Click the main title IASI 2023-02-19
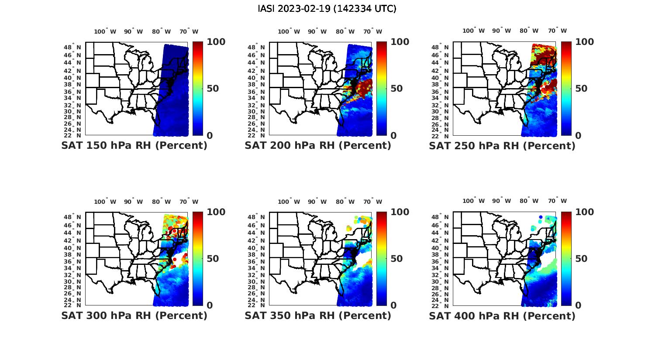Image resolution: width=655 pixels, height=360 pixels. (x=327, y=9)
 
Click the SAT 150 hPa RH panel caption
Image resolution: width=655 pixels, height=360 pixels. (x=134, y=146)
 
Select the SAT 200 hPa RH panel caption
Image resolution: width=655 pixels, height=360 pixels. (x=318, y=146)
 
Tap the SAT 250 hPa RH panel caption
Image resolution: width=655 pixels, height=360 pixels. (x=502, y=146)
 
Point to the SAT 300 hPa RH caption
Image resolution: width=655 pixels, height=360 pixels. (x=134, y=315)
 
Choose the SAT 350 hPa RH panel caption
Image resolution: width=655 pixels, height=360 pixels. (x=318, y=315)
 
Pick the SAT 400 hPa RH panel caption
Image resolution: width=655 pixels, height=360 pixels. (x=502, y=315)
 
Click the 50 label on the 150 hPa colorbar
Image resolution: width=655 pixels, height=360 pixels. (x=213, y=89)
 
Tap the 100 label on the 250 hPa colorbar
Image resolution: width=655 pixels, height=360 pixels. (x=585, y=42)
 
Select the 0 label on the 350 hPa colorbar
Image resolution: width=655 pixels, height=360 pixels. (x=393, y=305)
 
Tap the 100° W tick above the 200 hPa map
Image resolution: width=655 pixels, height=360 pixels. (x=289, y=31)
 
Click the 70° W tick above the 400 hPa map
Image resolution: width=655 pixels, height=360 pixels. (x=558, y=201)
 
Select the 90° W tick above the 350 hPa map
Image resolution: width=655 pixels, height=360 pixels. (x=317, y=202)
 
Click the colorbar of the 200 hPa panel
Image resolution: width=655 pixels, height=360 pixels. (x=382, y=89)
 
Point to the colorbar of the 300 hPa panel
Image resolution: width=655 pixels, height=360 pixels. (x=198, y=258)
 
